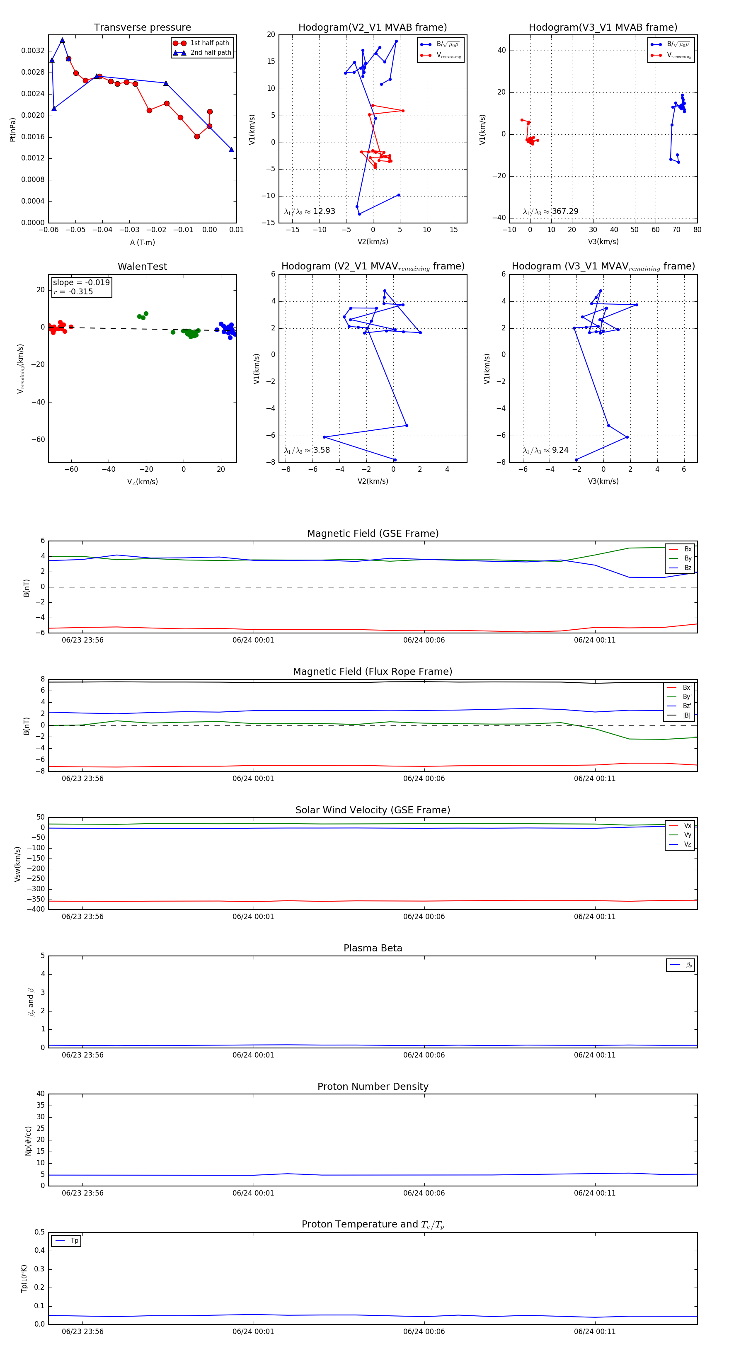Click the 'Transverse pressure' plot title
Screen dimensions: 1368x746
pos(142,28)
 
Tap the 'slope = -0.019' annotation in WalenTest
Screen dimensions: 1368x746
pos(81,283)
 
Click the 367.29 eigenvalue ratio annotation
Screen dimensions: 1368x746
pos(551,211)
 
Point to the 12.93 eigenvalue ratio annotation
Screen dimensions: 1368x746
pos(310,211)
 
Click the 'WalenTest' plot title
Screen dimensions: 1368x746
pos(142,267)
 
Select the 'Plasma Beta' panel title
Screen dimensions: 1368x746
pos(373,948)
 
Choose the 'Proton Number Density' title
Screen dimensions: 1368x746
pos(373,1087)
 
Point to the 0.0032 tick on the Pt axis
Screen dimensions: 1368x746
pos(33,51)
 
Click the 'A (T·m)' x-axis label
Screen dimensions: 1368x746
pos(142,243)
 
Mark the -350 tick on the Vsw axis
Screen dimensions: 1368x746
pos(36,899)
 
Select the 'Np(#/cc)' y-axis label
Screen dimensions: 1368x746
pos(28,1141)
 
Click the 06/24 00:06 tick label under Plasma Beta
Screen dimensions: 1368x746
pos(424,1055)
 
